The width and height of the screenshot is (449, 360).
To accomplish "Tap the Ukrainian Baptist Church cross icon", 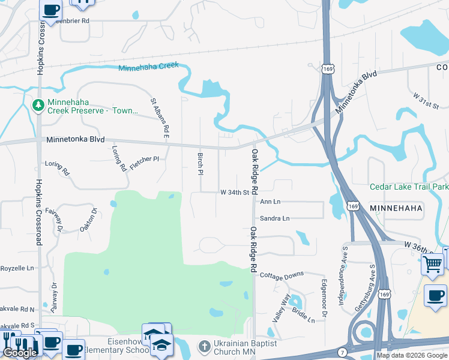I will (204, 346).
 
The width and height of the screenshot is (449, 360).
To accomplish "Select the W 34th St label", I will (234, 193).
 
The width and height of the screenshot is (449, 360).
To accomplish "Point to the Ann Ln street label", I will (270, 202).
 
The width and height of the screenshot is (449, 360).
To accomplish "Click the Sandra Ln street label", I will (274, 218).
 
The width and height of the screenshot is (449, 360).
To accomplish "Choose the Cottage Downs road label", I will (282, 275).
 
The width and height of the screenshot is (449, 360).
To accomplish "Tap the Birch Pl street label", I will (200, 163).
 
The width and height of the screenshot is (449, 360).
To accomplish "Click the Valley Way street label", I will (281, 309).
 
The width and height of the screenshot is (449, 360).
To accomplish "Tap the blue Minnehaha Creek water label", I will (149, 67).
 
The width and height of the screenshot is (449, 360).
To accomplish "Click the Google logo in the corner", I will (20, 353).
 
